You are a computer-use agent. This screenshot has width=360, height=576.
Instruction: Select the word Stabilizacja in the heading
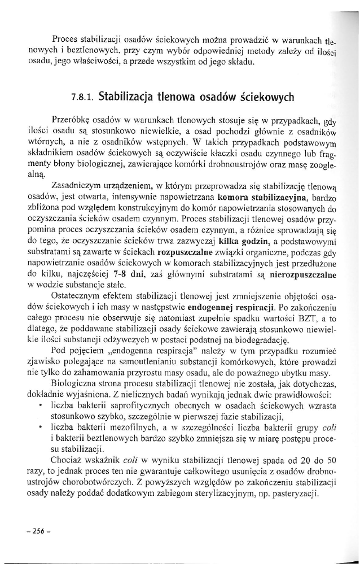tap(125, 96)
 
